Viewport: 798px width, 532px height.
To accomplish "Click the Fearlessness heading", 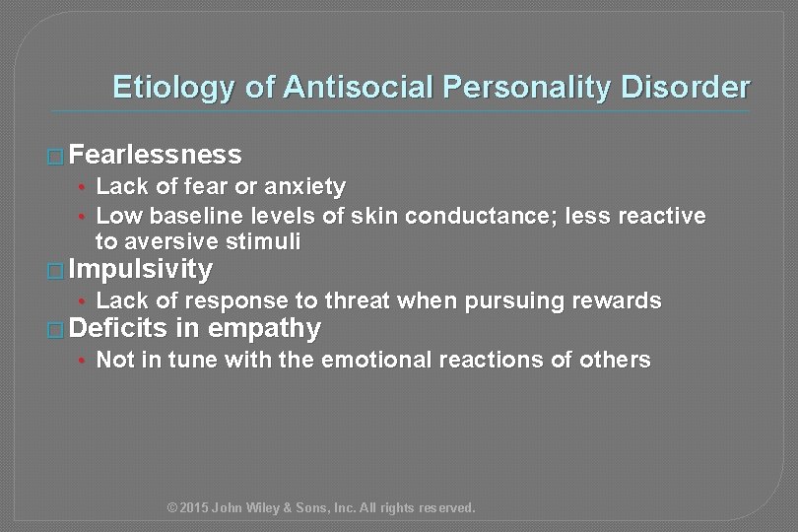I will pos(156,155).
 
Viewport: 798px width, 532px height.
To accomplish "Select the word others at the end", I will pos(620,360).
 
